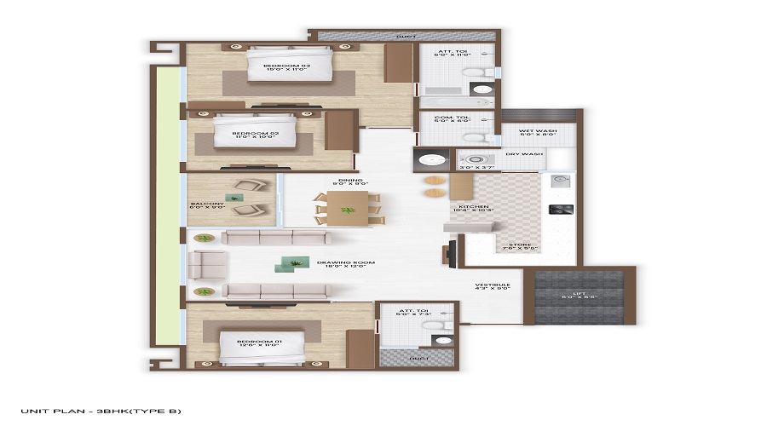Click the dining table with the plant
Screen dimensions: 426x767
tap(348, 208)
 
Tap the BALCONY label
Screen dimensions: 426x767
tap(207, 205)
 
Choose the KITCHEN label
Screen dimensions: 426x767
tap(474, 207)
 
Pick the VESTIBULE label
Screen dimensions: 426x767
tap(493, 286)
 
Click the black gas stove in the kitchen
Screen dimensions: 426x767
tap(562, 209)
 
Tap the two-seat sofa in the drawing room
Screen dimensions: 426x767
tap(207, 265)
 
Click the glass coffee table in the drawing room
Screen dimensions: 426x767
tap(285, 267)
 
